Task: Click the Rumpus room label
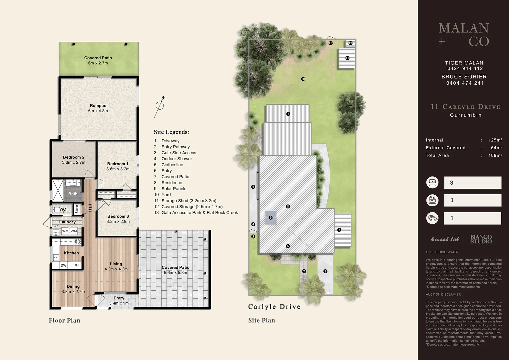[x=98, y=106]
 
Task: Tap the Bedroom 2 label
[x=74, y=157]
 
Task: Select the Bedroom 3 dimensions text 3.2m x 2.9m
[x=118, y=222]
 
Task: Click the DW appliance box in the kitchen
[x=64, y=265]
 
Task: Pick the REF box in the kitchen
[x=77, y=265]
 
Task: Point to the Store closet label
[x=77, y=209]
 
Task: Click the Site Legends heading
[x=171, y=132]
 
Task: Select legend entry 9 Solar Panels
[x=174, y=189]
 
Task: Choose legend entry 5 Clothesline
[x=172, y=165]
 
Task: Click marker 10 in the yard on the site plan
[x=303, y=79]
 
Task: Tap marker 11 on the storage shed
[x=347, y=58]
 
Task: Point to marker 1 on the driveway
[x=325, y=271]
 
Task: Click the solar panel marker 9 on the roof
[x=270, y=218]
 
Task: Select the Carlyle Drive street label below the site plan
[x=274, y=307]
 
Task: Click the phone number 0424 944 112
[x=465, y=68]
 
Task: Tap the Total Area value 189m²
[x=495, y=155]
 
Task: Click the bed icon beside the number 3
[x=432, y=183]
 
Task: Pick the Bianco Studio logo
[x=481, y=239]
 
